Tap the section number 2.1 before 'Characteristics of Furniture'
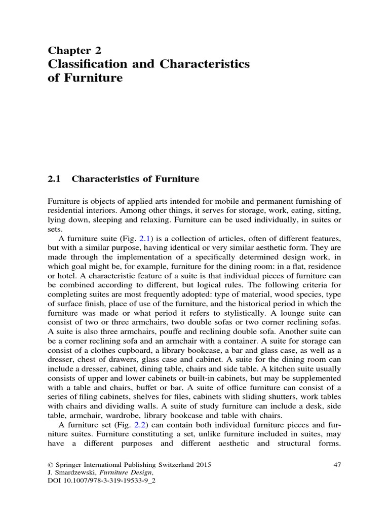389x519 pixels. pyautogui.click(x=54, y=178)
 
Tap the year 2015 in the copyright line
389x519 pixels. pyautogui.click(x=203, y=464)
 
